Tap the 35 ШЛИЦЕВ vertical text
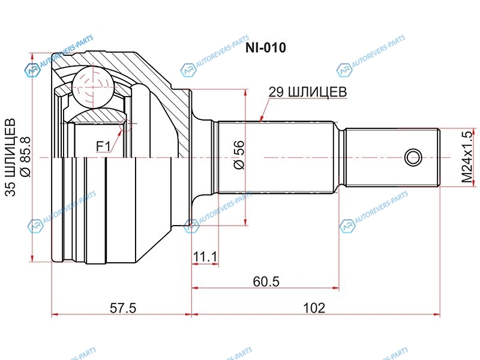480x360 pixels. click(10, 157)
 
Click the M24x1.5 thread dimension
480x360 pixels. click(467, 157)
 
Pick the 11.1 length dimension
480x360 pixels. click(205, 257)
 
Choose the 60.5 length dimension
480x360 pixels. click(265, 281)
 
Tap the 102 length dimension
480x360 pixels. click(313, 308)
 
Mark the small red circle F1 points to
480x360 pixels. click(126, 125)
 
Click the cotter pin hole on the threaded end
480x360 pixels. click(412, 158)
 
